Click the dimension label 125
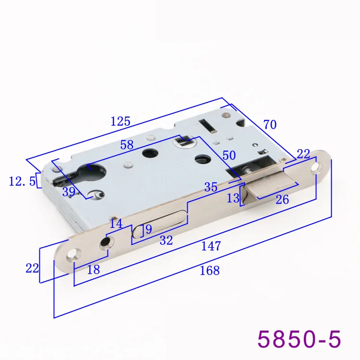point(120,121)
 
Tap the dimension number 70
point(270,125)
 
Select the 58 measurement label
point(127,145)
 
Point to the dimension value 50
point(229,156)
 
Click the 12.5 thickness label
point(22,181)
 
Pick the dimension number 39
point(69,192)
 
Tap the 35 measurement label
point(211,187)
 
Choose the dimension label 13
point(233,198)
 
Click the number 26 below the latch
point(282,200)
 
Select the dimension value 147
point(211,246)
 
